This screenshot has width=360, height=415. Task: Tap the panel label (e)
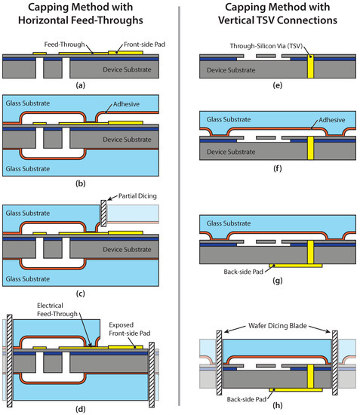tap(275, 86)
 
